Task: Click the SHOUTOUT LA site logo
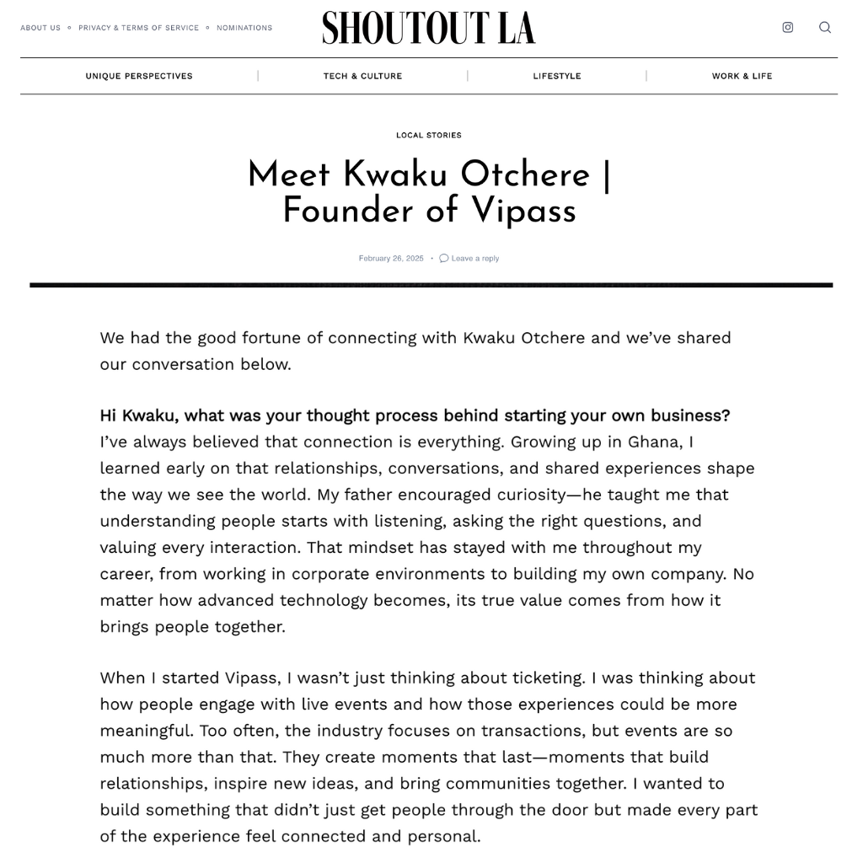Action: coord(428,28)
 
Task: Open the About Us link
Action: coord(40,28)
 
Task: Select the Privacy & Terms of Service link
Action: coord(139,28)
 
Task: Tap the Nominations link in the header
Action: coord(244,28)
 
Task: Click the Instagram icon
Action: coord(788,27)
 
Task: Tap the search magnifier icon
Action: coord(825,27)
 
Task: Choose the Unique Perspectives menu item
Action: coord(139,76)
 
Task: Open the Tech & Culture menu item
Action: coord(362,76)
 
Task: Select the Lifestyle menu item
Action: coord(557,76)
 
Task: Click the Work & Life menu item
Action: coord(742,76)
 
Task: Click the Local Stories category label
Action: coord(429,135)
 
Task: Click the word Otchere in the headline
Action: coord(525,175)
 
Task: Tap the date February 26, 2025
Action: coord(391,259)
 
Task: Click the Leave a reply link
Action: coord(475,259)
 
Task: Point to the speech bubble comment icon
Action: coord(444,259)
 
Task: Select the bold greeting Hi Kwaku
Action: coord(138,415)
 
